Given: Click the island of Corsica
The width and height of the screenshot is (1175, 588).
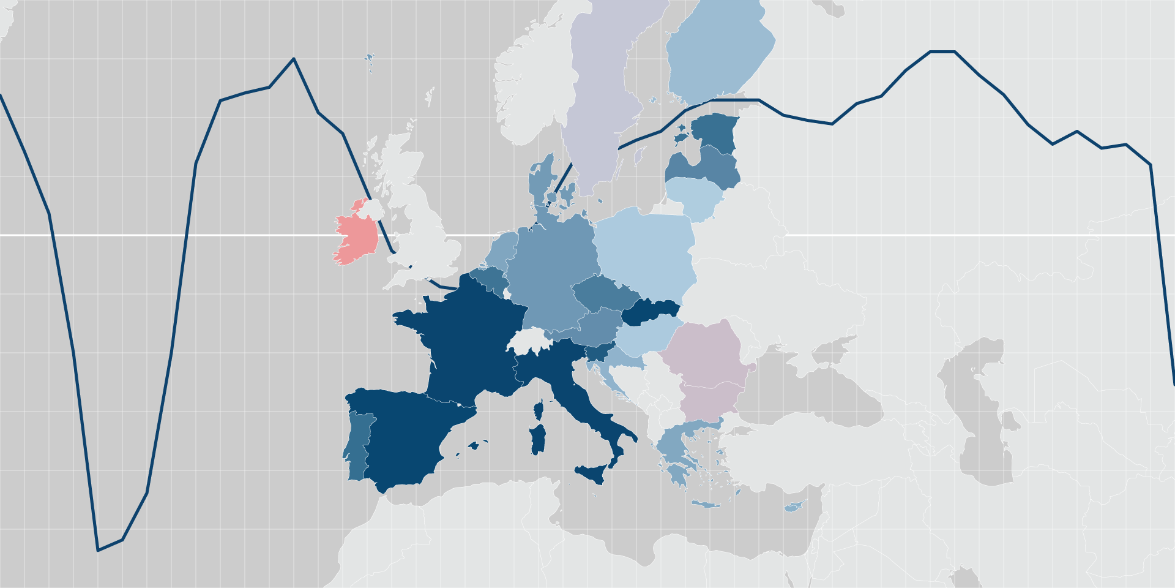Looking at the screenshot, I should pyautogui.click(x=539, y=410).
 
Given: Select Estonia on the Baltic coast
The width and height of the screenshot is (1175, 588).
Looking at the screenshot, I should pyautogui.click(x=715, y=130).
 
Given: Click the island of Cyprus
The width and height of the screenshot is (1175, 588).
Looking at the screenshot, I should pyautogui.click(x=794, y=507).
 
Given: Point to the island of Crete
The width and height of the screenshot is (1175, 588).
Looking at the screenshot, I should pyautogui.click(x=706, y=505).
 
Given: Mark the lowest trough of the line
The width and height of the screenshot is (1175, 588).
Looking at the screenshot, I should pyautogui.click(x=99, y=550).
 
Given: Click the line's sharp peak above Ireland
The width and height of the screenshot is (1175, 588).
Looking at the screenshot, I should pyautogui.click(x=294, y=59).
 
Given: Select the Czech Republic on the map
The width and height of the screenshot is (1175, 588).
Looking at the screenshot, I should pyautogui.click(x=603, y=294).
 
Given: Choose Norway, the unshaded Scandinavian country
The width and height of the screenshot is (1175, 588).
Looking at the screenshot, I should pyautogui.click(x=526, y=92).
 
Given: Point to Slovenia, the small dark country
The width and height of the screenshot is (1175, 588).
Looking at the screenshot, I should pyautogui.click(x=599, y=353).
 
